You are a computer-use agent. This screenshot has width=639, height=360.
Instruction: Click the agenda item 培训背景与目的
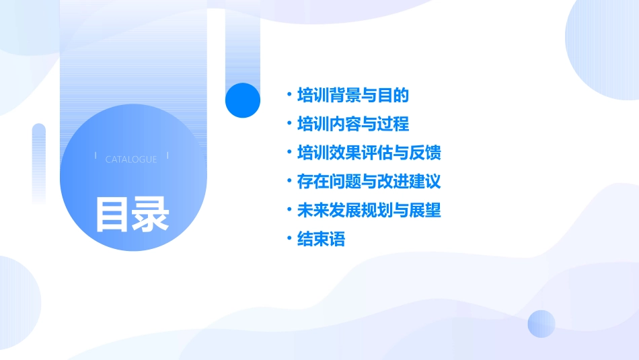pos(352,96)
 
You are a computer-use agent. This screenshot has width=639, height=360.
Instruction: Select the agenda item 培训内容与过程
pos(352,124)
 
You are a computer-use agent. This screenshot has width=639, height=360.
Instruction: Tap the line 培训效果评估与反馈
pos(369,153)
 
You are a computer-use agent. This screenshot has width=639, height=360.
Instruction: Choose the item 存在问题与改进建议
pos(369,182)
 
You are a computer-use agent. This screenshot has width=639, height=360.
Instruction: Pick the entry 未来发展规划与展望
pos(369,211)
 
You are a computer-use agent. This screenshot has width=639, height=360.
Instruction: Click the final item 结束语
pos(321,240)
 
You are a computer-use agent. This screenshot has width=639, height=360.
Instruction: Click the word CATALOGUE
pos(131,159)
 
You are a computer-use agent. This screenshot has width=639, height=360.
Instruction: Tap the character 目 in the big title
pos(112,215)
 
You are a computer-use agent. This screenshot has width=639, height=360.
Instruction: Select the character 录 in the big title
pos(151,215)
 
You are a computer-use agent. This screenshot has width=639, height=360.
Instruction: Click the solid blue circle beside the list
pos(242,100)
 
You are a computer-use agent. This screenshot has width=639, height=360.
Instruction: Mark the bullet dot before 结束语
pos(289,240)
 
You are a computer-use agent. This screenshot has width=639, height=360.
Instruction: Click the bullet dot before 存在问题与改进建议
pos(289,182)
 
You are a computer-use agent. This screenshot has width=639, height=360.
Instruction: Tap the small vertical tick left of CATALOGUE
pos(96,156)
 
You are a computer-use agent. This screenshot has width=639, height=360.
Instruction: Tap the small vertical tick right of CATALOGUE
pos(167,156)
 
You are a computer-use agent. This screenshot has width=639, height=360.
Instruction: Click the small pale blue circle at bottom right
pos(541,324)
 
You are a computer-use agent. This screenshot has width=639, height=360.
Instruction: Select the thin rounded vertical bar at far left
pos(39,161)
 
